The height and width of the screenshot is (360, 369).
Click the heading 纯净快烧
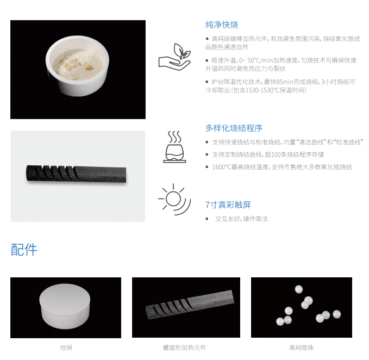coord(222,24)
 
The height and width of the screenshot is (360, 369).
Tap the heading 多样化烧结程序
coord(234,128)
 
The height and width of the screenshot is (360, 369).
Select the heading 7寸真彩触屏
coord(228,204)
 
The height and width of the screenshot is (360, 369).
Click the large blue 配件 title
coord(24,250)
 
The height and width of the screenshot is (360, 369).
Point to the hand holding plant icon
coord(174,57)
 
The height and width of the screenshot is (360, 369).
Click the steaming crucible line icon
coord(174,147)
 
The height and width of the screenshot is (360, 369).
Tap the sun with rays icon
coord(174,199)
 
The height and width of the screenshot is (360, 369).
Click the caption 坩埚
coord(66,347)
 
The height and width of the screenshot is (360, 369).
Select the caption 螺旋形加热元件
coord(184,347)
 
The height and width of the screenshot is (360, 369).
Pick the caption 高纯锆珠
coord(302,347)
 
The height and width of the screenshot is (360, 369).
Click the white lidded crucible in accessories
coord(65,306)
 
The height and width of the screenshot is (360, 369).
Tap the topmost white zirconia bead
coord(299,289)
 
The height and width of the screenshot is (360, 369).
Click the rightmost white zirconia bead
coord(337,314)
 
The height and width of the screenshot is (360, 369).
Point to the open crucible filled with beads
coord(77,66)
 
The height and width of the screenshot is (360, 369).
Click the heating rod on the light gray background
coord(76,174)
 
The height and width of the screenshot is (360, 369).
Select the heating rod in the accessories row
coord(190,305)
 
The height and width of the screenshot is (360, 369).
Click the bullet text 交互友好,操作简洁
coord(241,219)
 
